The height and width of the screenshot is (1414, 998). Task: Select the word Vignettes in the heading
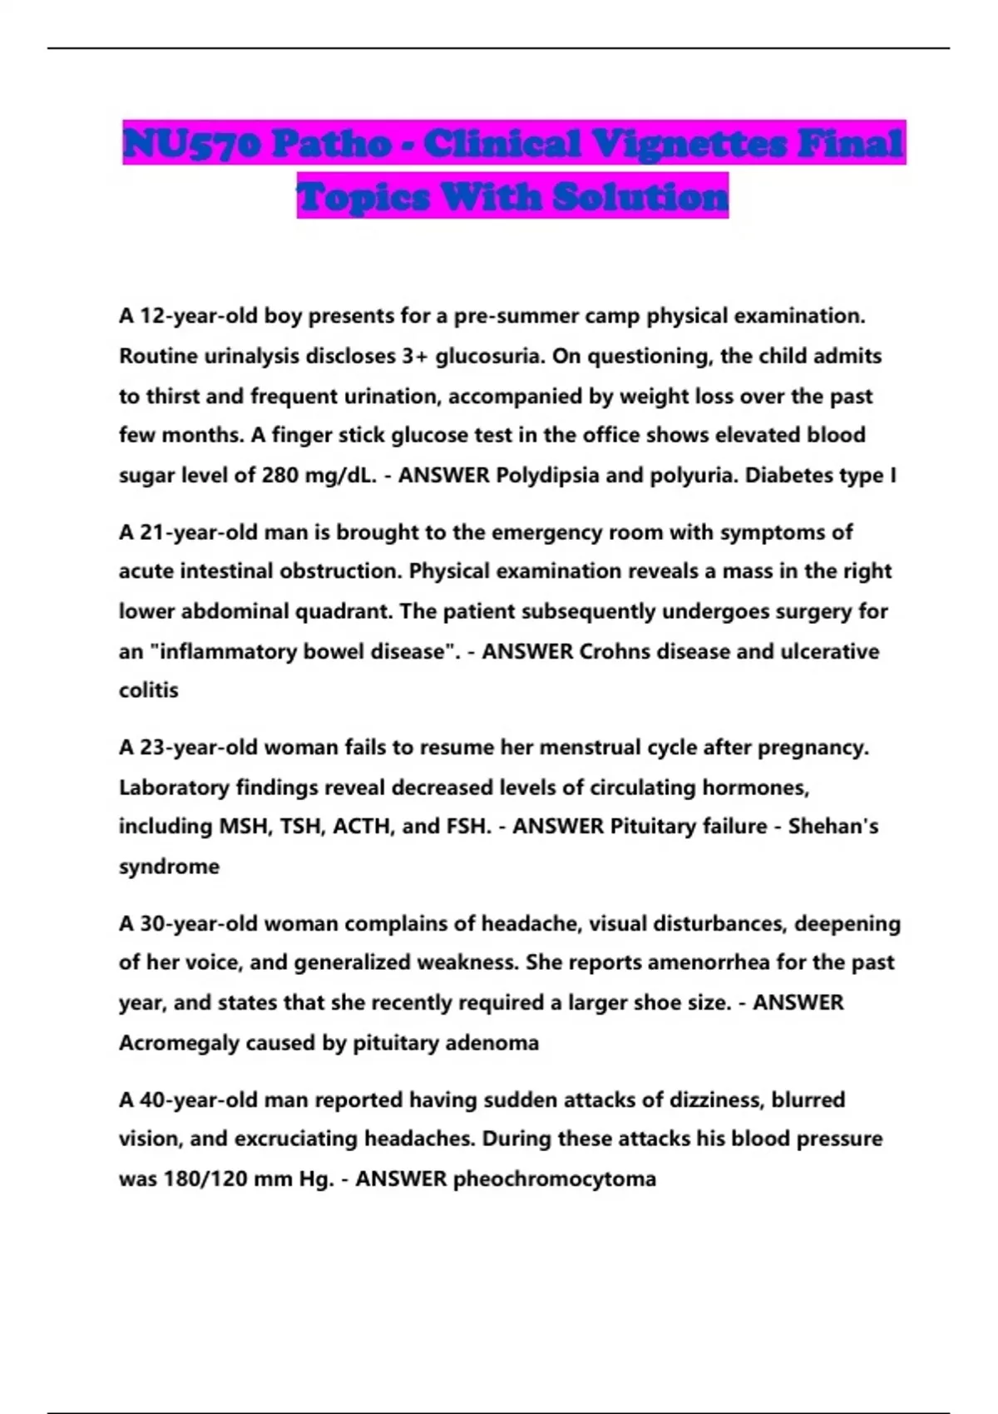pyautogui.click(x=699, y=144)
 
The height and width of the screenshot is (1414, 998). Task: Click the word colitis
pyautogui.click(x=149, y=690)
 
